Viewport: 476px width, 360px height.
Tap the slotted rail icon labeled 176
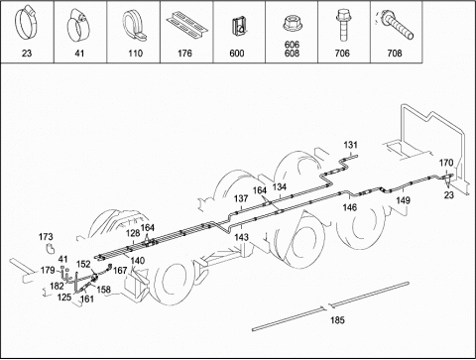pyautogui.click(x=186, y=23)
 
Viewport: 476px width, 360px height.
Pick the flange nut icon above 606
pyautogui.click(x=292, y=24)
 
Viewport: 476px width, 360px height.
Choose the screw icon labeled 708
pyautogui.click(x=396, y=25)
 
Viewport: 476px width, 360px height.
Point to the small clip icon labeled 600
pyautogui.click(x=239, y=27)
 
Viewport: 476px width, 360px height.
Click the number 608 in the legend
pyautogui.click(x=292, y=53)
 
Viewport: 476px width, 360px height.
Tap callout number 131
pyautogui.click(x=350, y=145)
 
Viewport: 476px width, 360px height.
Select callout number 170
pyautogui.click(x=446, y=163)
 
